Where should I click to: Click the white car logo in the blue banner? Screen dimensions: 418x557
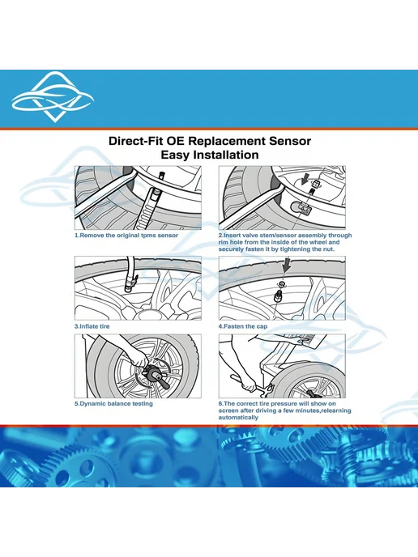pyautogui.click(x=52, y=98)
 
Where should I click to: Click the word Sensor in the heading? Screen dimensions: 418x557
pyautogui.click(x=290, y=141)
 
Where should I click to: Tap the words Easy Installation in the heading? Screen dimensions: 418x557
pyautogui.click(x=210, y=155)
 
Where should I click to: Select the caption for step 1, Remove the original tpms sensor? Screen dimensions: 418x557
pyautogui.click(x=126, y=235)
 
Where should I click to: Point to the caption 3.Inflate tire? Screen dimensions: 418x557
pyautogui.click(x=92, y=326)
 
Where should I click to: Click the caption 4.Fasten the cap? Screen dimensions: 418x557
pyautogui.click(x=243, y=326)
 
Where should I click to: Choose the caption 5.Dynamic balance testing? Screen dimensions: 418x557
pyautogui.click(x=113, y=403)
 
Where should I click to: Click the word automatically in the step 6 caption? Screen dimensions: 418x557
pyautogui.click(x=238, y=418)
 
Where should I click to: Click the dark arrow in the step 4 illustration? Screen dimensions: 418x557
pyautogui.click(x=287, y=266)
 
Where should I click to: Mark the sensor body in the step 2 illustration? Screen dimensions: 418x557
pyautogui.click(x=301, y=206)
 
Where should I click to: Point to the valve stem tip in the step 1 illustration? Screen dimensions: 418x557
pyautogui.click(x=160, y=175)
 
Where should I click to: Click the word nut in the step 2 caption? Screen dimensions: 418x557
pyautogui.click(x=328, y=249)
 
